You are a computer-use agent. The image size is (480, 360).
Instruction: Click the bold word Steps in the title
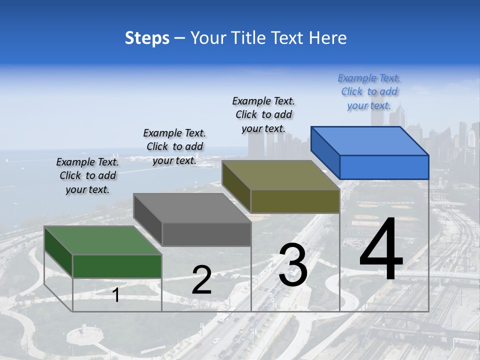pyautogui.click(x=147, y=38)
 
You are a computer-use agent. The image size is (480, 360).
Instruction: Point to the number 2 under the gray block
pyautogui.click(x=201, y=280)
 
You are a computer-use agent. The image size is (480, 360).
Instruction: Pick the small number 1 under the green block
pyautogui.click(x=116, y=295)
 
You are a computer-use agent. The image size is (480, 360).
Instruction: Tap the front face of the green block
pyautogui.click(x=117, y=266)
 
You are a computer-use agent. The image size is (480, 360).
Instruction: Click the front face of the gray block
pyautogui.click(x=206, y=234)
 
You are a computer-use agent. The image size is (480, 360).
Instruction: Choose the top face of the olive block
pyautogui.click(x=280, y=174)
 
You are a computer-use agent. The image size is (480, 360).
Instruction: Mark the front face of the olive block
pyautogui.click(x=295, y=201)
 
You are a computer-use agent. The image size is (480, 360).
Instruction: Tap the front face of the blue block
pyautogui.click(x=384, y=167)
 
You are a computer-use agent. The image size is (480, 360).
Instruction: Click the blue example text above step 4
pyautogui.click(x=369, y=92)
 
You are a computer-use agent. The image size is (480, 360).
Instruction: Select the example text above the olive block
pyautogui.click(x=263, y=114)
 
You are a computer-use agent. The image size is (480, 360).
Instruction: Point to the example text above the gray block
pyautogui.click(x=174, y=146)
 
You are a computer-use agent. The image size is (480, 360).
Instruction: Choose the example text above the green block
pyautogui.click(x=87, y=175)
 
